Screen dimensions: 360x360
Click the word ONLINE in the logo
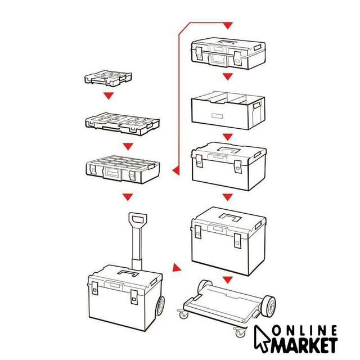[305, 331]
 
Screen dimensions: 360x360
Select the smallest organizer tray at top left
[108, 78]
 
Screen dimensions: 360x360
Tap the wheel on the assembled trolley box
[160, 306]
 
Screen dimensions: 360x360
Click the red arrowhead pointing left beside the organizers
[176, 171]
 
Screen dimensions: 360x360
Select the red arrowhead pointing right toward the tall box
[176, 268]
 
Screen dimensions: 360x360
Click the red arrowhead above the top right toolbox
[227, 25]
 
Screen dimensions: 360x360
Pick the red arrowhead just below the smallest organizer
[109, 96]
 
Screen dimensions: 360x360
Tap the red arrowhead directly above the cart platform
[227, 280]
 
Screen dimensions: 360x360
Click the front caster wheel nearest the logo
[240, 332]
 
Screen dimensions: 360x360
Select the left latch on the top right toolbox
[199, 53]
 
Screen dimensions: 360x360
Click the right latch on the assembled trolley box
[134, 297]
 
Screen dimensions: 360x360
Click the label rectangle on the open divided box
[217, 116]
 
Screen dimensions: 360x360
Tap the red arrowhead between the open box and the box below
[227, 137]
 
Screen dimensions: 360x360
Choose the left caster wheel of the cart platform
[183, 314]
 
